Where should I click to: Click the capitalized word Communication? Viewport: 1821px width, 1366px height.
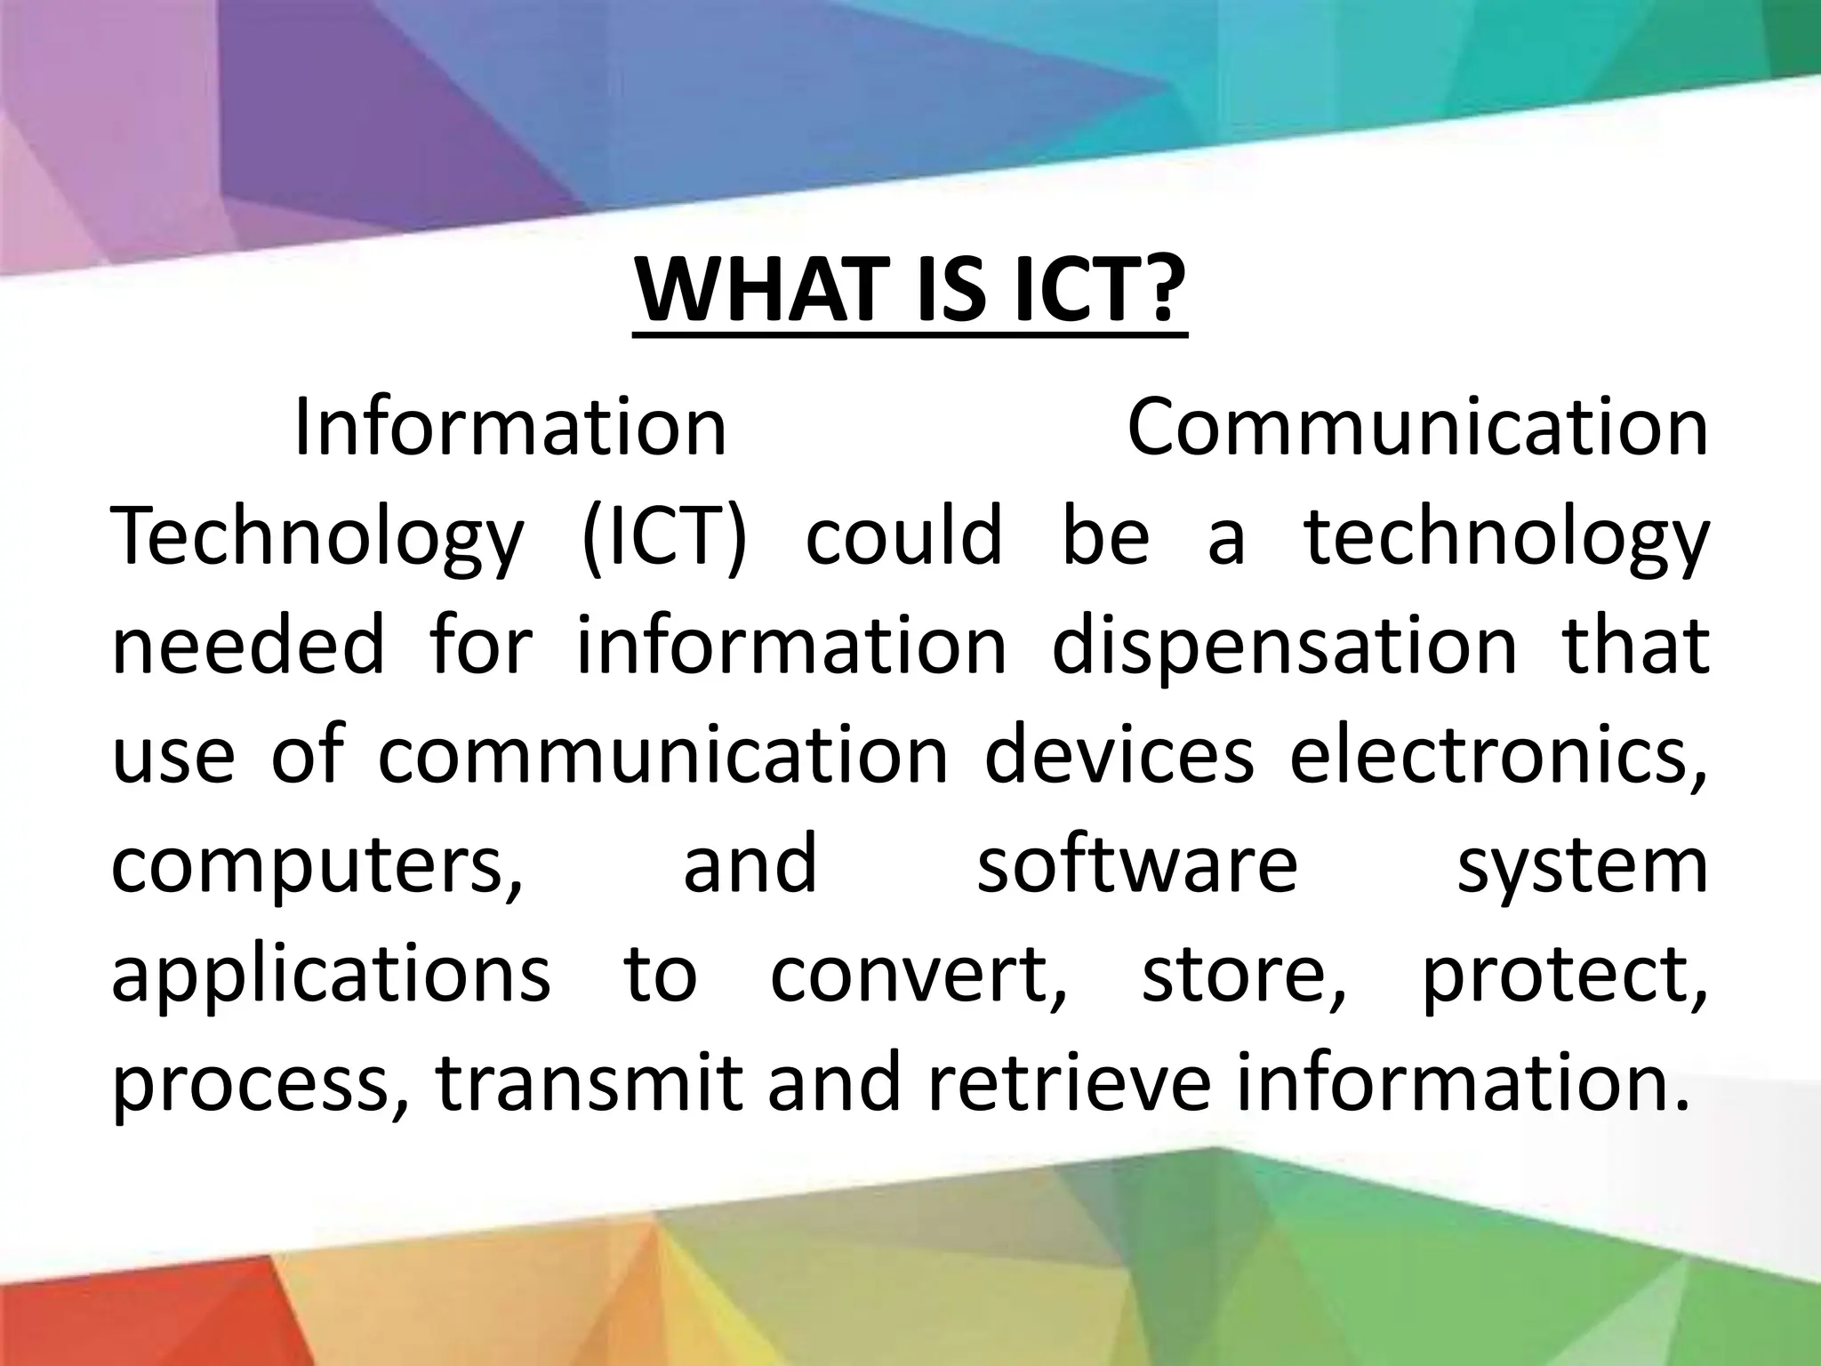pos(1417,429)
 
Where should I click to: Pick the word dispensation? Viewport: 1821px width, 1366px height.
pos(1284,647)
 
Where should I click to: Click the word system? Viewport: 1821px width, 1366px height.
pos(1583,866)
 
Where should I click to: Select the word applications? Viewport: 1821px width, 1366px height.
pos(331,976)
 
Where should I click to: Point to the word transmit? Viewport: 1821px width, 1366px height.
pos(590,1083)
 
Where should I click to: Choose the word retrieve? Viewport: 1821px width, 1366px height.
pos(1068,1083)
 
